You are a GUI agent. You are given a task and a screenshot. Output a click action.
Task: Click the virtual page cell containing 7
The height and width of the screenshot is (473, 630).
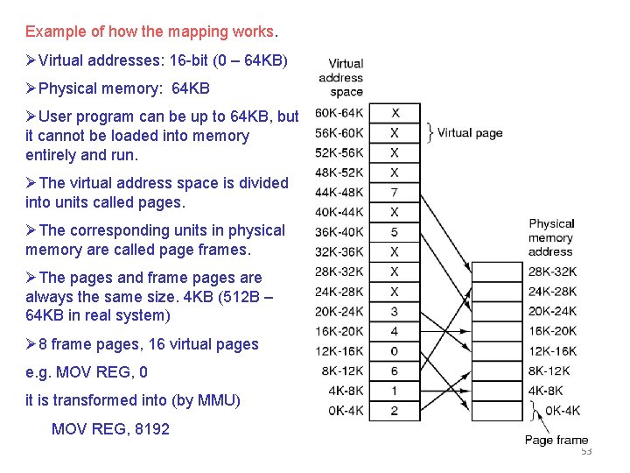click(x=395, y=192)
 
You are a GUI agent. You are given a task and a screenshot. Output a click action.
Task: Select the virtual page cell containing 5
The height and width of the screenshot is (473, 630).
click(x=395, y=232)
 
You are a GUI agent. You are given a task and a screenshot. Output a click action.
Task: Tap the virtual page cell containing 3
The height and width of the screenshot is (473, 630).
click(x=395, y=311)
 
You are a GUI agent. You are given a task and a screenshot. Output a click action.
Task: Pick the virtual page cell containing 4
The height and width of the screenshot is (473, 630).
click(x=395, y=331)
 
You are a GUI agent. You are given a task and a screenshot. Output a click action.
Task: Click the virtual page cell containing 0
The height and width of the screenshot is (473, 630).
click(x=395, y=351)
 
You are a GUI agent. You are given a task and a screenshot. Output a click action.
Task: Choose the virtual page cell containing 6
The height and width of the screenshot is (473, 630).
click(x=395, y=371)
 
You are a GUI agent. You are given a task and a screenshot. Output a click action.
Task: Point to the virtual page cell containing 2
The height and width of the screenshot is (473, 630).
click(x=395, y=411)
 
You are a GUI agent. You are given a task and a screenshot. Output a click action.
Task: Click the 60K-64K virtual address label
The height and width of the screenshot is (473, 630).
click(x=339, y=113)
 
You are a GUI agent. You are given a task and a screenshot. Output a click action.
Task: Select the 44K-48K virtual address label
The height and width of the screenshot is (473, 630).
click(x=339, y=192)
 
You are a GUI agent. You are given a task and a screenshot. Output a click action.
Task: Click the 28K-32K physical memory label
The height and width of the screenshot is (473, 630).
click(x=552, y=272)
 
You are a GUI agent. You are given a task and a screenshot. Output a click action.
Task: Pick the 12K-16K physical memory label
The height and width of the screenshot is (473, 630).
click(x=552, y=351)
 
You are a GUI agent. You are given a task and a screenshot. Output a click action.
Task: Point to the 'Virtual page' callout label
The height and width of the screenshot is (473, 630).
click(x=470, y=133)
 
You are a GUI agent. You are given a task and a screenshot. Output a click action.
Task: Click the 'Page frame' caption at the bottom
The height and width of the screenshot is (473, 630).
click(x=556, y=440)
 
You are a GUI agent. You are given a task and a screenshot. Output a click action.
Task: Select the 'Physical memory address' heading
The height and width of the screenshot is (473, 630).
click(x=551, y=237)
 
